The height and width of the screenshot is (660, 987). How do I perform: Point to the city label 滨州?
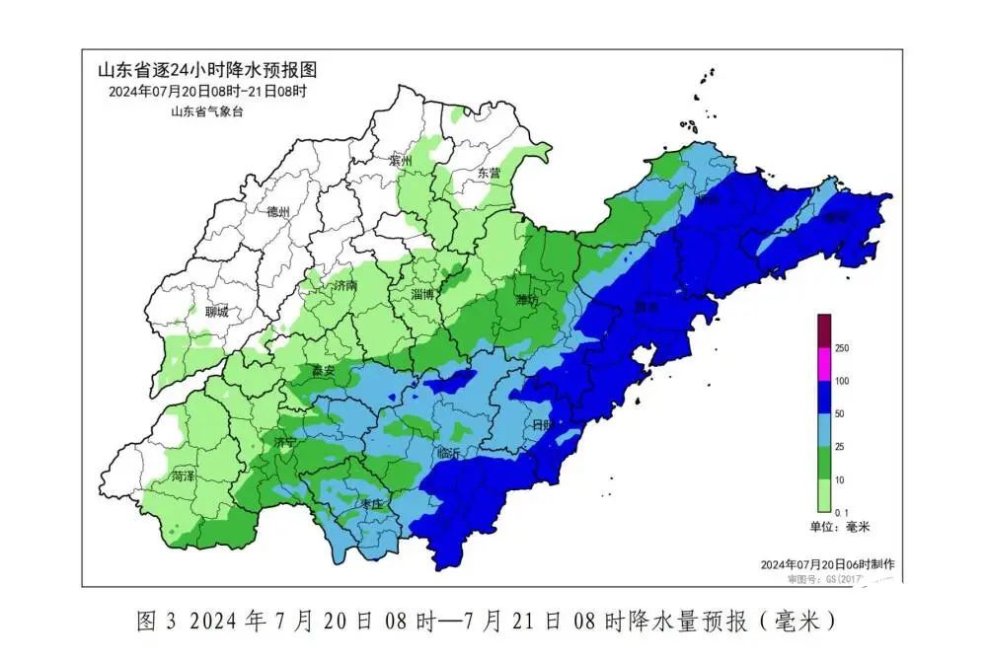401,160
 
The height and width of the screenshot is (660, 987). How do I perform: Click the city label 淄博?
422,294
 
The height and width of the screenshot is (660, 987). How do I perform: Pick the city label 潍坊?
528,299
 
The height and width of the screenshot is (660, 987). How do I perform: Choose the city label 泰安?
324,371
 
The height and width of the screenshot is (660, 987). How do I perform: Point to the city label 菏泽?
183,476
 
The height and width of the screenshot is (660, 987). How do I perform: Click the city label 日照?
544,424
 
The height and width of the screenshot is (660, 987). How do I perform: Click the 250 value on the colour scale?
843,348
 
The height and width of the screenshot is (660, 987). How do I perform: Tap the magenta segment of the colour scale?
824,364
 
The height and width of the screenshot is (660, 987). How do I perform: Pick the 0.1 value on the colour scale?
842,511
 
